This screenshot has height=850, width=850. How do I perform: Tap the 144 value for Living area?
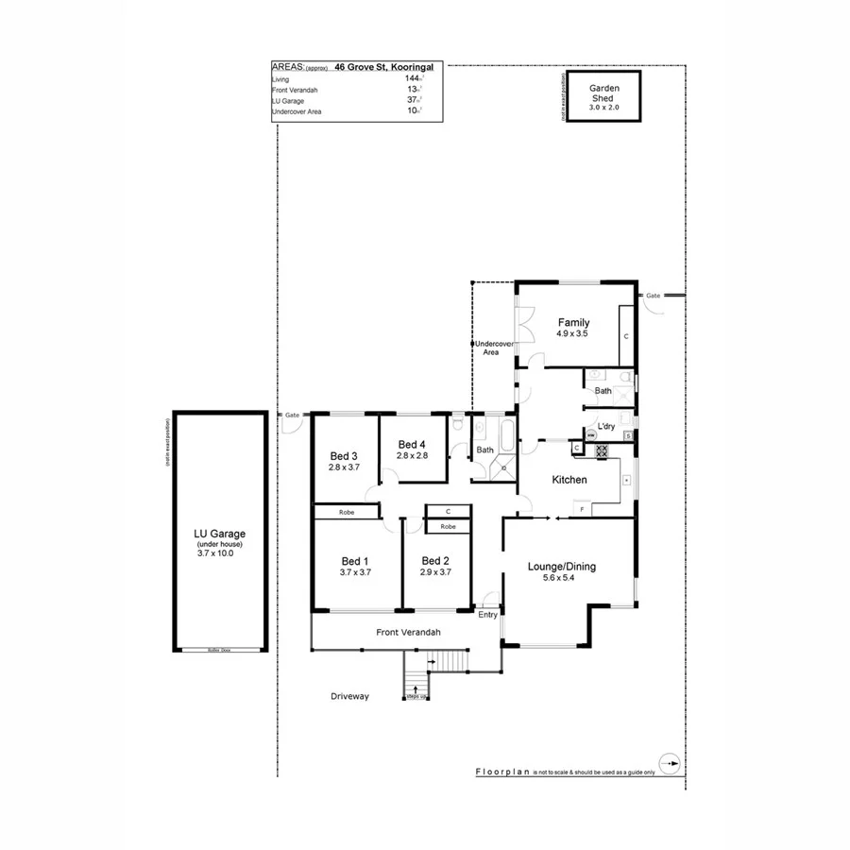(x=412, y=79)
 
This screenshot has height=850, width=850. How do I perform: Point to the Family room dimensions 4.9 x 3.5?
(x=572, y=333)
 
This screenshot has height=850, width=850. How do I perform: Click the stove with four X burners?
(x=601, y=452)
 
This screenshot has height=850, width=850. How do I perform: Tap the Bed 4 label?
(x=412, y=445)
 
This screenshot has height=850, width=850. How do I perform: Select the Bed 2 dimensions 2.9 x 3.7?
(x=435, y=572)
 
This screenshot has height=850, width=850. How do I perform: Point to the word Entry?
(x=487, y=615)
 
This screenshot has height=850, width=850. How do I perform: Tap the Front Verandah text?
(x=408, y=632)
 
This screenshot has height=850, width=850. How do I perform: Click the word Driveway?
(x=349, y=696)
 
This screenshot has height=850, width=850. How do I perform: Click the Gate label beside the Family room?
(x=653, y=296)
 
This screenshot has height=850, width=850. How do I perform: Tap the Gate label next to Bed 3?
(x=292, y=415)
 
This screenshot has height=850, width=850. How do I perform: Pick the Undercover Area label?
(x=491, y=348)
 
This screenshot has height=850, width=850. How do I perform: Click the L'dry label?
(x=607, y=427)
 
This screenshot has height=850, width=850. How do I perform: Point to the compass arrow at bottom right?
(x=669, y=762)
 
